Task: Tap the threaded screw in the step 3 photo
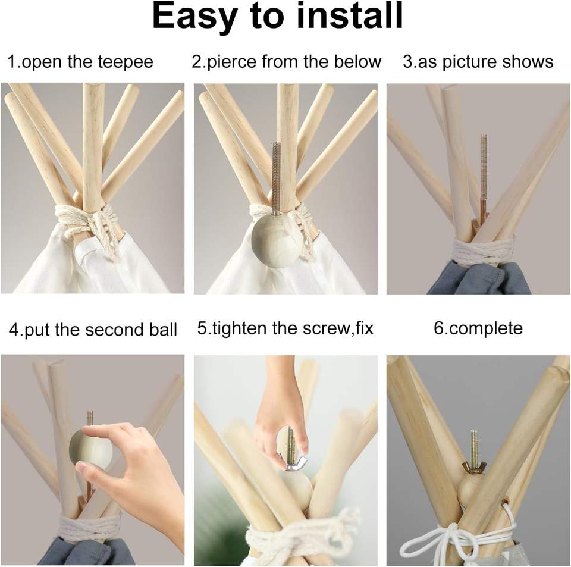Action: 484,178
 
